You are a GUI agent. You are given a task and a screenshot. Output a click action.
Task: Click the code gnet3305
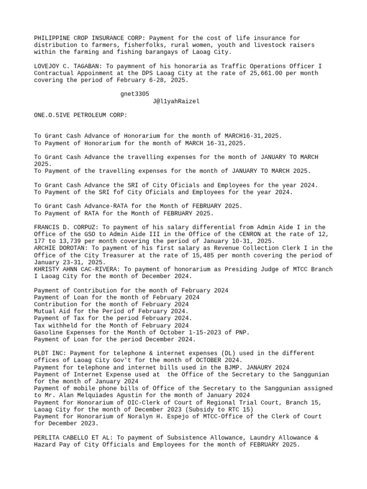pyautogui.click(x=135, y=94)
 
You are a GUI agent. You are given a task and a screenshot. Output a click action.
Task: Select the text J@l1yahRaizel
pyautogui.click(x=176, y=101)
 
